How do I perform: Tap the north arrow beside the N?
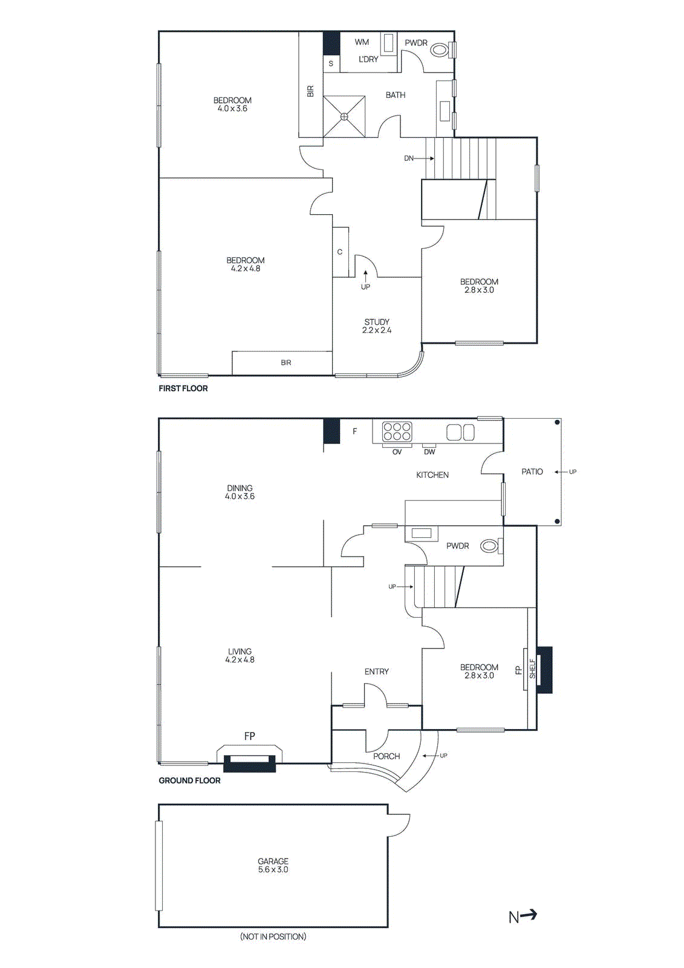[x=529, y=915]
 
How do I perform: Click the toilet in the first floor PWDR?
[x=440, y=50]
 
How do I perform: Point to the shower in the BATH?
[x=344, y=116]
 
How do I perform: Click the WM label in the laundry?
[x=362, y=42]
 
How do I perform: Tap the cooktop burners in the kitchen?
[x=397, y=431]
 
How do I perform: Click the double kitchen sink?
[x=460, y=432]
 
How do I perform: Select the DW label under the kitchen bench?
[x=429, y=452]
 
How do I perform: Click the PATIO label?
[x=532, y=472]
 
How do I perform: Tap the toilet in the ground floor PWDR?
[x=490, y=546]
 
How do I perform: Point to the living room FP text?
[x=249, y=736]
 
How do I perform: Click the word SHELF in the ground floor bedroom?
[x=533, y=669]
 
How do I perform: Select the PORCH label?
[x=386, y=756]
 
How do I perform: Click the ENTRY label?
[x=376, y=672]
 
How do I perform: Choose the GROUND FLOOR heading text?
[x=189, y=780]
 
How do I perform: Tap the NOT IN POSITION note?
[x=273, y=937]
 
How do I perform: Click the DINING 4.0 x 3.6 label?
[x=239, y=492]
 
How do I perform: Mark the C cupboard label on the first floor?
[x=340, y=252]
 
